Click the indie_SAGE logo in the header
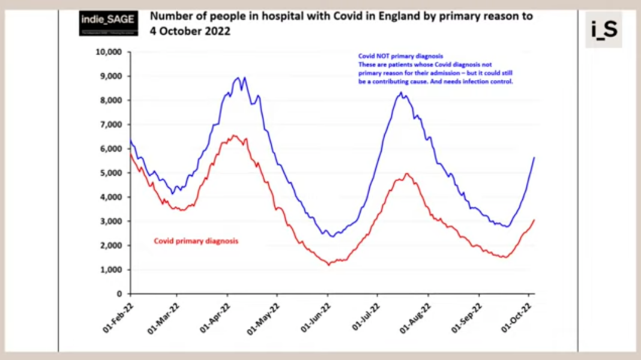tap(109, 23)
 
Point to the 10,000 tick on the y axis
tap(109, 52)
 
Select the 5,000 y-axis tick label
tap(112, 173)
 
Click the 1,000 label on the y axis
tap(112, 269)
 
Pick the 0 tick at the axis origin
tap(119, 294)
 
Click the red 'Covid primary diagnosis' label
tap(196, 241)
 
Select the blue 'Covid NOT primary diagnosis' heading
tap(400, 56)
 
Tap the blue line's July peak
tap(401, 92)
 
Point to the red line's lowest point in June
tap(328, 264)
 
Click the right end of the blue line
tap(534, 157)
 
